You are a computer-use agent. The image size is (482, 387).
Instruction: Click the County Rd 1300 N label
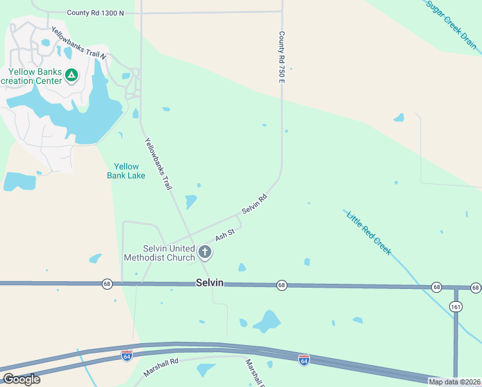click(95, 12)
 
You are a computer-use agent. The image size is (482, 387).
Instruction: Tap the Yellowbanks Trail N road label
click(78, 43)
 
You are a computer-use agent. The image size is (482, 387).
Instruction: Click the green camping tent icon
click(72, 75)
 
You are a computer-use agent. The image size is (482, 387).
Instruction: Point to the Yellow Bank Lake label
click(126, 171)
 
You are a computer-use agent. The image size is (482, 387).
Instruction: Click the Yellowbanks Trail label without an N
click(158, 164)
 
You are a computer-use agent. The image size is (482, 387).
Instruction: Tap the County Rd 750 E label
click(282, 56)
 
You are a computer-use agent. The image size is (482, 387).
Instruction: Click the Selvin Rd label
click(254, 204)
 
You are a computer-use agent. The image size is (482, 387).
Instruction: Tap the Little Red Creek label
click(369, 232)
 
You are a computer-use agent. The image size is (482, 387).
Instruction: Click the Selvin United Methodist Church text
click(169, 253)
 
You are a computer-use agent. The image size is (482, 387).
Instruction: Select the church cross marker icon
click(205, 252)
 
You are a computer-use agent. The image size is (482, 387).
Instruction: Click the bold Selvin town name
click(209, 283)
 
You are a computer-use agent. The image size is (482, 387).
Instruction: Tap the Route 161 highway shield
click(456, 306)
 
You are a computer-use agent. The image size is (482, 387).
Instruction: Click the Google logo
click(22, 379)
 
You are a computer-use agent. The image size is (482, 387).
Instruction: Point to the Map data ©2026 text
click(454, 382)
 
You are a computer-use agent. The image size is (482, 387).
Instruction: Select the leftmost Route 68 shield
click(107, 283)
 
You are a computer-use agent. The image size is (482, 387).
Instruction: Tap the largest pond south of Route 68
click(266, 320)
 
